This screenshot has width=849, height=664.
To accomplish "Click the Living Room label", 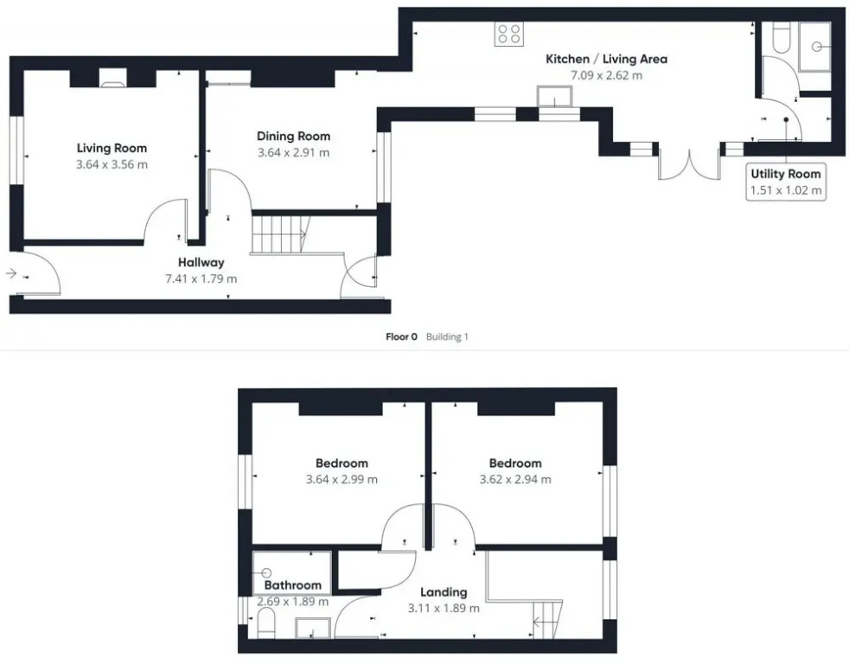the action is click(x=112, y=149).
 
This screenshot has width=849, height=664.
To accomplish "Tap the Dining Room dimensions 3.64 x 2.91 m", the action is click(x=293, y=153).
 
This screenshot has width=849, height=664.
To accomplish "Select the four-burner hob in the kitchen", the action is click(x=509, y=34).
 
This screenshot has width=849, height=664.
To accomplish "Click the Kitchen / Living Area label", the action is click(x=606, y=59).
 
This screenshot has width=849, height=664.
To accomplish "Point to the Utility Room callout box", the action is click(x=786, y=182).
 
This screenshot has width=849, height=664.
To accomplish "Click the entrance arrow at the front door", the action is click(x=11, y=273).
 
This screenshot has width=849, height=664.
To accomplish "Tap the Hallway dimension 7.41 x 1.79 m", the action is click(x=201, y=279).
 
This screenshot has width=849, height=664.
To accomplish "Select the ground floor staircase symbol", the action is click(x=280, y=234).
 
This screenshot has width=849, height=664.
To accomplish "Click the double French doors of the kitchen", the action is click(x=689, y=164).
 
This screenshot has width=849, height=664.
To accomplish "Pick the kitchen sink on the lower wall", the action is click(x=555, y=96).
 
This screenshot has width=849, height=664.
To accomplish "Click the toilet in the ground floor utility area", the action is click(x=780, y=37).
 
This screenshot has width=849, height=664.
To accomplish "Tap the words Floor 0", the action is click(x=401, y=337).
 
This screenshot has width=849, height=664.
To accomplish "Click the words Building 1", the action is click(x=447, y=337).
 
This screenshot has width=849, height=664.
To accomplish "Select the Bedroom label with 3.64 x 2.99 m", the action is click(x=342, y=463).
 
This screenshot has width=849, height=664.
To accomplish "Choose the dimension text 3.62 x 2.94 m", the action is click(x=515, y=480).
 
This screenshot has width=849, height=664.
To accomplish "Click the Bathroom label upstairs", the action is click(x=293, y=585).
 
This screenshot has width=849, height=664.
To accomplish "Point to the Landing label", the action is click(x=444, y=592).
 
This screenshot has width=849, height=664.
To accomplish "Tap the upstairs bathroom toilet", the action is click(x=265, y=622).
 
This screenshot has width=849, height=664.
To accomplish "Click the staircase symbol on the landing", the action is click(x=548, y=619).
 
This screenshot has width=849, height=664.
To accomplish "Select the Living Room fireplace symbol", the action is click(x=113, y=78).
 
